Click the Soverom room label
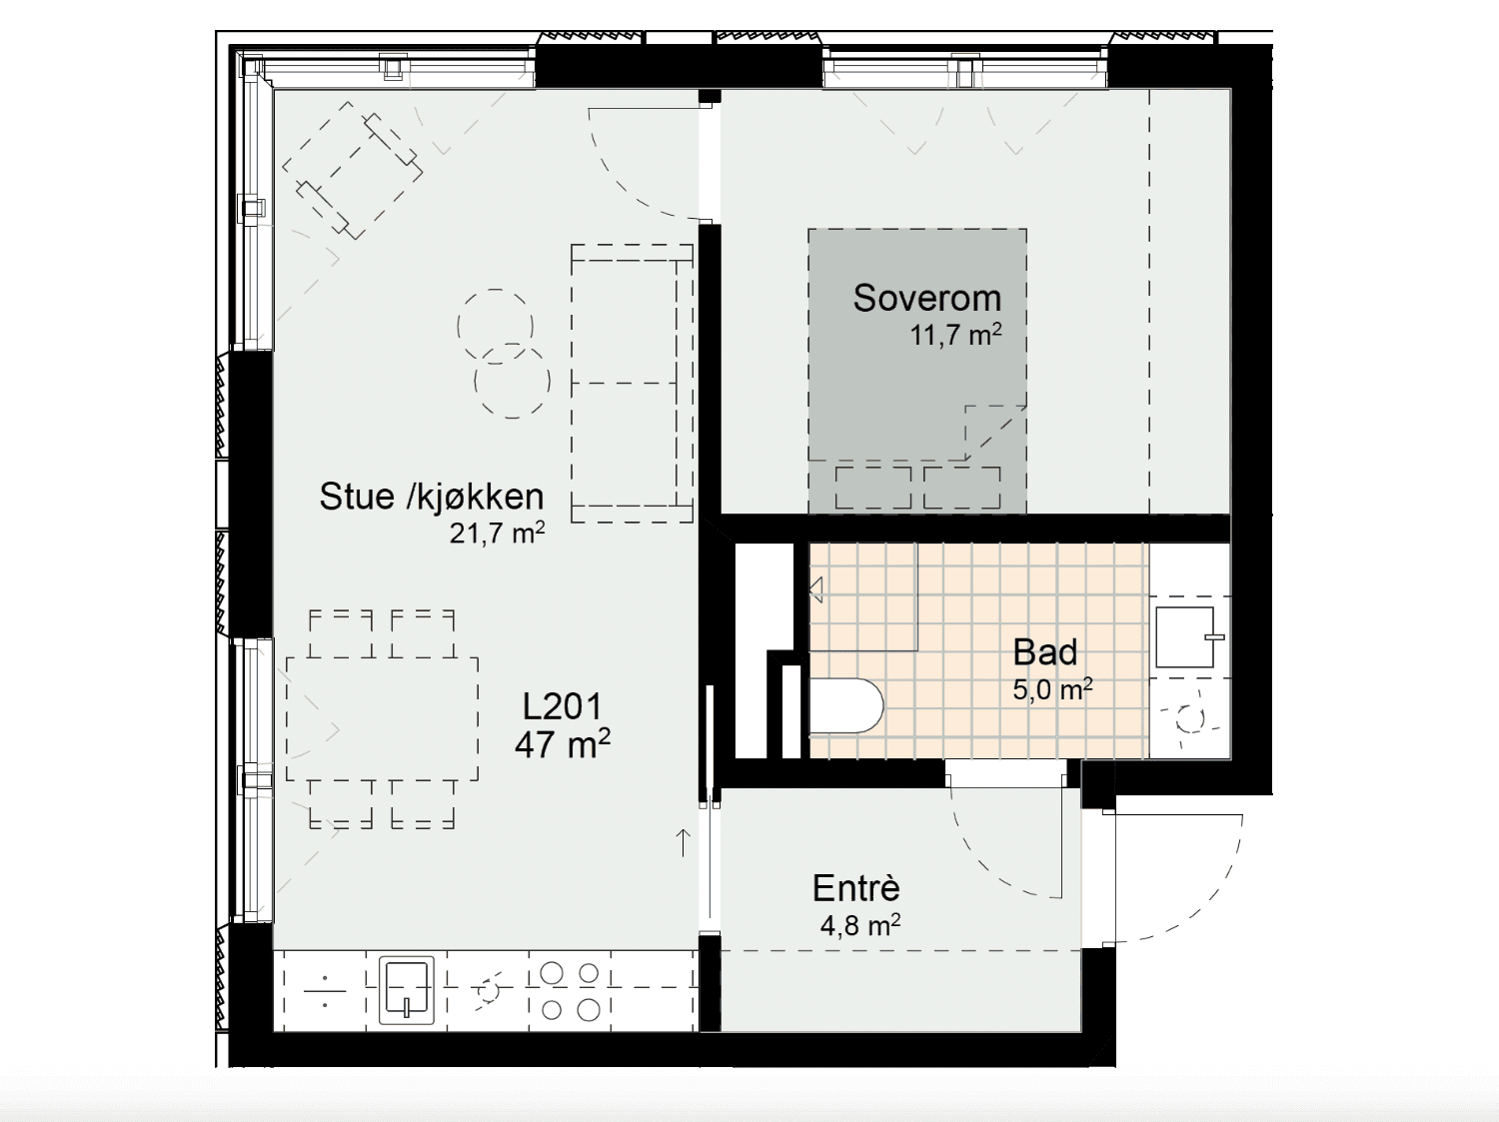(x=926, y=299)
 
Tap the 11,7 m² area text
(x=955, y=335)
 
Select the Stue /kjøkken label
(x=432, y=497)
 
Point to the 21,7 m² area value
(x=497, y=533)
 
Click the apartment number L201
(x=562, y=706)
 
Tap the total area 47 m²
(x=562, y=744)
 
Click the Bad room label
(x=1045, y=652)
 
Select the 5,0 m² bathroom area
(x=1052, y=689)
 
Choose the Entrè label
(x=856, y=888)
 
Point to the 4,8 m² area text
(x=859, y=925)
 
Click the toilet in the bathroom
(x=846, y=705)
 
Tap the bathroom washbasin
(x=1188, y=636)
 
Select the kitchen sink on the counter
(x=407, y=991)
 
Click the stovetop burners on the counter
(x=571, y=991)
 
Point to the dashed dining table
(x=382, y=718)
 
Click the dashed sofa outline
(x=632, y=384)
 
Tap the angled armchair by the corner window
(x=353, y=171)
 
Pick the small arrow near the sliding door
(x=683, y=842)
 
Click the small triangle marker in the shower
(x=815, y=589)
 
